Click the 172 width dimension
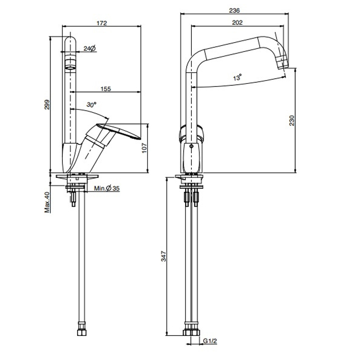pos(101,23)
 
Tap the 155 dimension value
pos(105,88)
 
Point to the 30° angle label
pos(92,104)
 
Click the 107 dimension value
pos(145,148)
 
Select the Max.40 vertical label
pos(47,202)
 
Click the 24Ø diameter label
pos(89,48)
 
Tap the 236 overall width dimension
pos(236,10)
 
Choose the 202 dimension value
pos(238,22)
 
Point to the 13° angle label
pos(237,78)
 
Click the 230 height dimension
pos(292,121)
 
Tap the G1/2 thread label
pos(209,340)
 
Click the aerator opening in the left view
pos(70,66)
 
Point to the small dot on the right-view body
pos(191,147)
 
